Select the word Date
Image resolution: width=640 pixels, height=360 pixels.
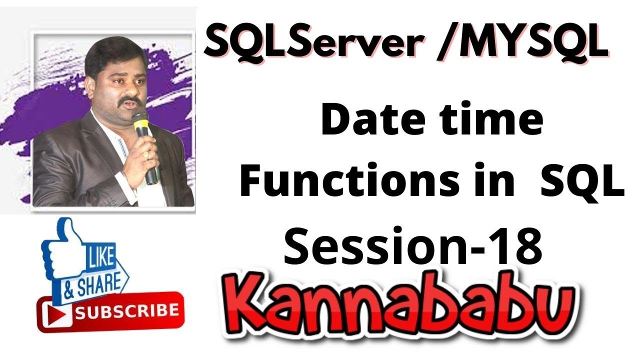tap(375, 121)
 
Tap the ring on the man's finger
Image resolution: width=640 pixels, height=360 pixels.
tap(146, 155)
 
